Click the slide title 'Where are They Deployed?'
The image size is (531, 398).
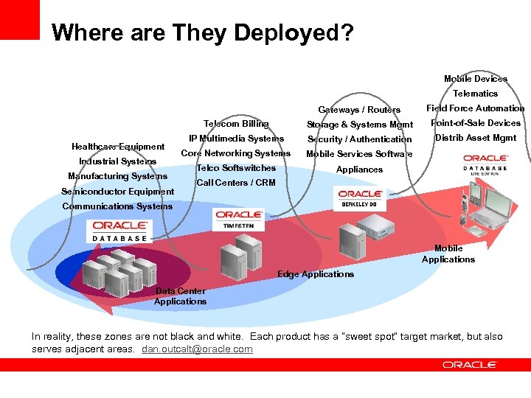click(x=203, y=32)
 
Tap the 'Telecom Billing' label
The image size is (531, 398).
click(x=236, y=124)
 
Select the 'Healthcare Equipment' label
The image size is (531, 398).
click(x=118, y=147)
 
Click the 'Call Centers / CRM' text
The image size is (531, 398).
click(x=236, y=183)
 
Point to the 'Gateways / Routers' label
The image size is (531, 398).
click(x=359, y=110)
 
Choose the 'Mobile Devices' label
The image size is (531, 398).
click(x=476, y=79)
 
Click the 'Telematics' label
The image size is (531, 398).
click(x=476, y=94)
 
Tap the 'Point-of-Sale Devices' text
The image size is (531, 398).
click(x=476, y=123)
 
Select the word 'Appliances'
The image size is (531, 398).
click(x=359, y=170)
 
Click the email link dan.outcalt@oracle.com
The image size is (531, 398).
click(x=197, y=349)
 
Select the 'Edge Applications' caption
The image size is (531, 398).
click(x=316, y=274)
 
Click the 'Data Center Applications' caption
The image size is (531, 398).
click(x=181, y=296)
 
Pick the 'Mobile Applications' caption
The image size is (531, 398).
click(x=448, y=254)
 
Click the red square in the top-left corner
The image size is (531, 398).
click(x=20, y=19)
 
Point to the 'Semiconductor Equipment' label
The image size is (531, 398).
click(x=118, y=192)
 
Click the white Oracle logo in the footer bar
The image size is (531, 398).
click(x=470, y=365)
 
